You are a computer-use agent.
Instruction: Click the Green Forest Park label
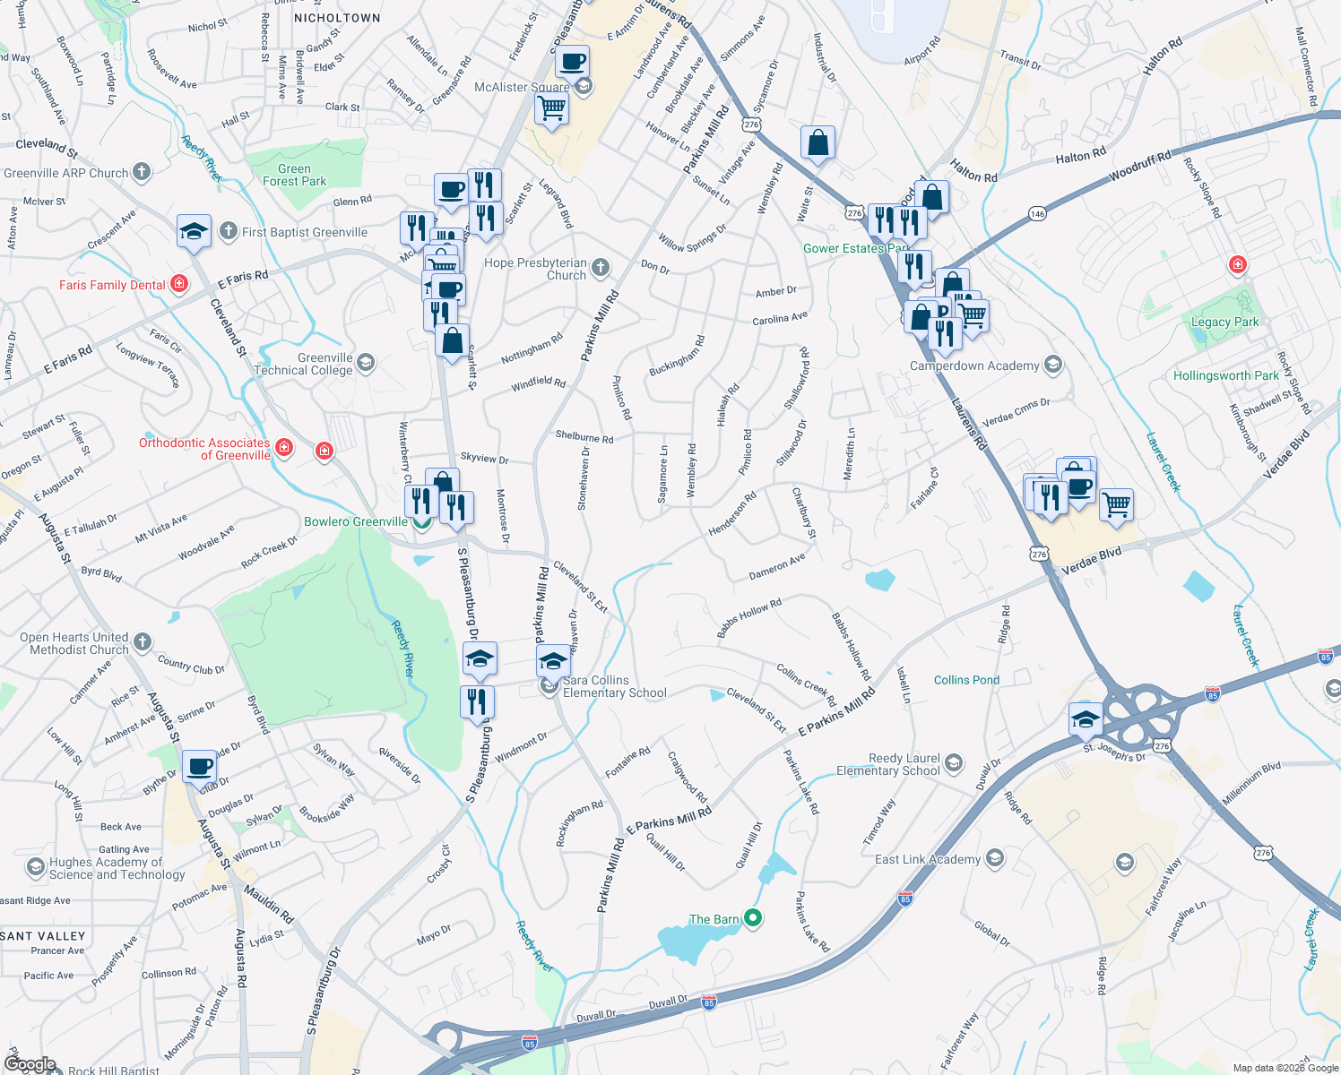(294, 175)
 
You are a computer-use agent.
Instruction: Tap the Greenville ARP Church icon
(142, 172)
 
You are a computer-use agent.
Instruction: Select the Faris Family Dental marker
(179, 284)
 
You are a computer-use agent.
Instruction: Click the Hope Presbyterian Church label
(535, 269)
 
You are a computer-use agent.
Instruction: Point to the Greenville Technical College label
(303, 364)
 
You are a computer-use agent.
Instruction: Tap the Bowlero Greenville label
(356, 521)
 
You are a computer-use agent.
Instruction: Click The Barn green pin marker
(754, 917)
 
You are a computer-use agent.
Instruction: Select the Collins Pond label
(966, 680)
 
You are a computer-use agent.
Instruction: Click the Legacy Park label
(1224, 322)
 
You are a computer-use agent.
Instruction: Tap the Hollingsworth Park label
(1225, 375)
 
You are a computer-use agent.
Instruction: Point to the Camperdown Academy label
(974, 365)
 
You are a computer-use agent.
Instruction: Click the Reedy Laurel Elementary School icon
(953, 763)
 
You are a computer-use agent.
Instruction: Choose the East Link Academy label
(928, 859)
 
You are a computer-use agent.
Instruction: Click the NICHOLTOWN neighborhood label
(337, 18)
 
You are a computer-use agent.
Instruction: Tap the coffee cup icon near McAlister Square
(572, 62)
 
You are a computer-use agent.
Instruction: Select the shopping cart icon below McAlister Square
(551, 108)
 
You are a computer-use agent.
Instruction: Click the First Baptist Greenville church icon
(229, 231)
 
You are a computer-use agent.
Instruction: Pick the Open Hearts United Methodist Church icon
(143, 641)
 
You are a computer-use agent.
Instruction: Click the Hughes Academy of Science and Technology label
(117, 868)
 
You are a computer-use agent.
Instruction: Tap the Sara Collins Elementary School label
(614, 686)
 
